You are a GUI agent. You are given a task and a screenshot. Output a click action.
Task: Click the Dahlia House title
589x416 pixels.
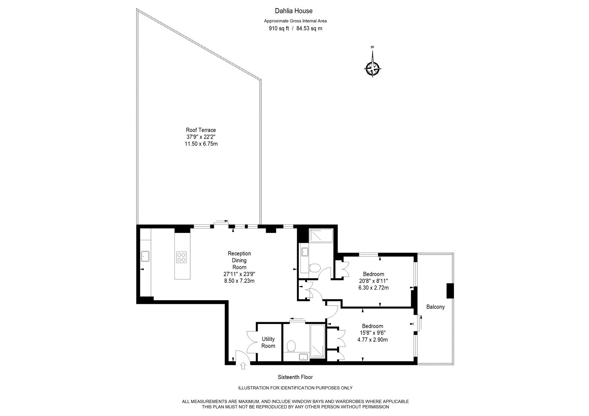294,11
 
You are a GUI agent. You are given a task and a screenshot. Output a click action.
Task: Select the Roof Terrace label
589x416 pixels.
201,130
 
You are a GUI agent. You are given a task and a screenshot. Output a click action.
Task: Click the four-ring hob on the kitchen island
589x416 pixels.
181,257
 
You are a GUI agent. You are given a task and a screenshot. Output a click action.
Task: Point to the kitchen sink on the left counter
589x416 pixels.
145,256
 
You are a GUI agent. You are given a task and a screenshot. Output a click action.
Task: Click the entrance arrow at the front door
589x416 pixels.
243,366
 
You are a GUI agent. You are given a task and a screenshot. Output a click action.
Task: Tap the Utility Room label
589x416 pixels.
268,342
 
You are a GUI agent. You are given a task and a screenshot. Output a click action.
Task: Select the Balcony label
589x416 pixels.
435,307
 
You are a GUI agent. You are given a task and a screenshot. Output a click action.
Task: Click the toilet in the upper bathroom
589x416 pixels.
314,268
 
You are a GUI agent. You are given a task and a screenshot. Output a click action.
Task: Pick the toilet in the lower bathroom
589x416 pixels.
291,346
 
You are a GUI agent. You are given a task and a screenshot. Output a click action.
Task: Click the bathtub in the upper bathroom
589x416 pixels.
321,235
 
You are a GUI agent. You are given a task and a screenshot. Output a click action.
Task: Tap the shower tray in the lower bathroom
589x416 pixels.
318,341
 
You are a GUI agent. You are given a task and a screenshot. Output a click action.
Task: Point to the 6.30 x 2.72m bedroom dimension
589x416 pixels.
373,288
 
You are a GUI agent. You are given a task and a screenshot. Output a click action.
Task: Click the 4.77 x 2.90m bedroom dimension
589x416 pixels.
373,339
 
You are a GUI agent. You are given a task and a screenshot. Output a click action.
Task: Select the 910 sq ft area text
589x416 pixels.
279,28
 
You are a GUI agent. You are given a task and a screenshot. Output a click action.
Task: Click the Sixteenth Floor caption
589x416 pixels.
295,377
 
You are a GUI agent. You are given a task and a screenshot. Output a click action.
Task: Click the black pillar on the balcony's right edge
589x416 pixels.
450,291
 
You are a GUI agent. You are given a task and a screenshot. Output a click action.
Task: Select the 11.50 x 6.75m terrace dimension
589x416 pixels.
201,144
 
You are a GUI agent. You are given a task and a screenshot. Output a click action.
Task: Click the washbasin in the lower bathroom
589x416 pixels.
303,357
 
